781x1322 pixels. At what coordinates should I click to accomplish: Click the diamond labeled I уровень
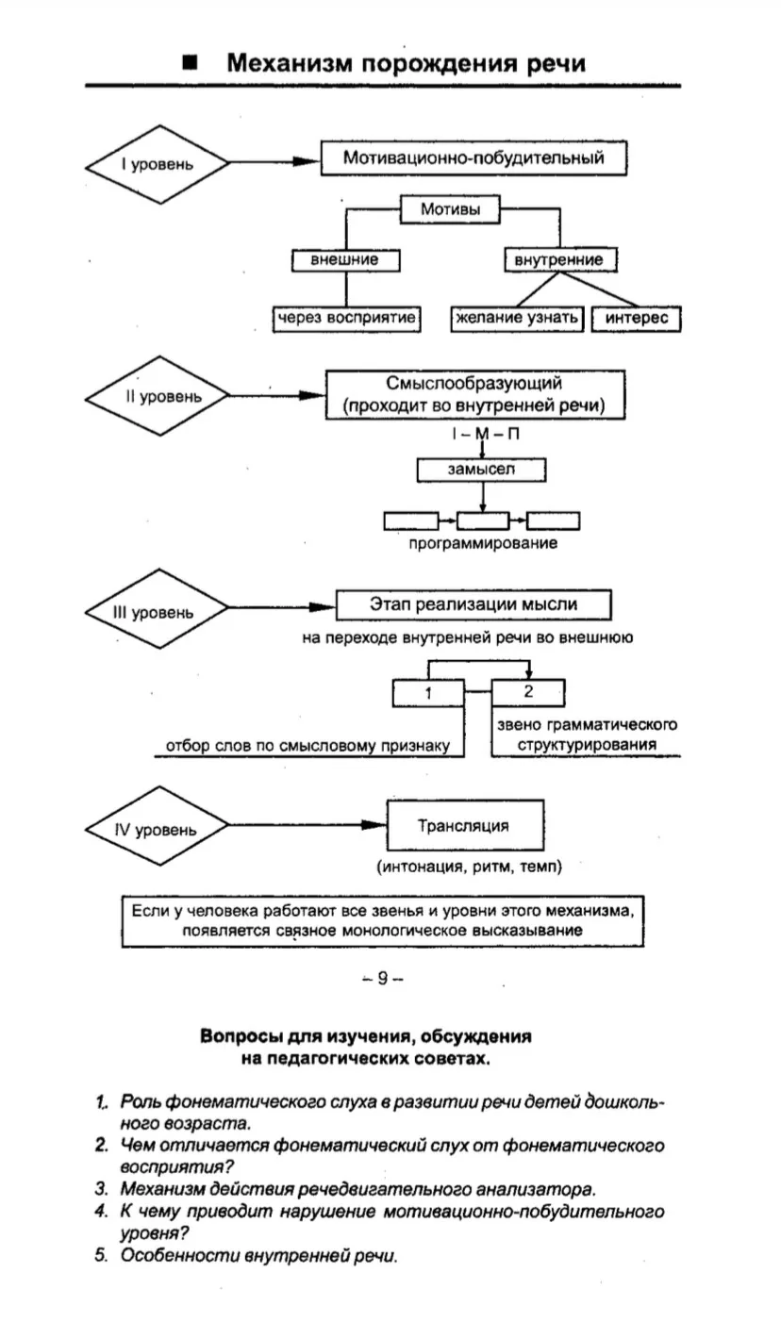coord(157,165)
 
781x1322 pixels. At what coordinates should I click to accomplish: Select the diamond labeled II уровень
coord(157,396)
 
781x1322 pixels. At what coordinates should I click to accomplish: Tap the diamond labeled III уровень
coord(157,609)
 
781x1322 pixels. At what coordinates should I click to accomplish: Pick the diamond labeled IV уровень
coord(157,826)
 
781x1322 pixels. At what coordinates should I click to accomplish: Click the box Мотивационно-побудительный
coord(474,158)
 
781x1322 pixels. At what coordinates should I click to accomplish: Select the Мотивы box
coord(450,209)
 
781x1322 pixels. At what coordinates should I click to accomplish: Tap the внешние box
coord(345,259)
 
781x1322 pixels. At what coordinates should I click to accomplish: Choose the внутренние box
coord(560,259)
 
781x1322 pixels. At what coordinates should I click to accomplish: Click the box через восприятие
coord(346,319)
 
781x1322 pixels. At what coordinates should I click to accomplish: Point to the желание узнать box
coord(517,319)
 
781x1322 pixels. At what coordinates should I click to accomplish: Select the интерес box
coord(637,319)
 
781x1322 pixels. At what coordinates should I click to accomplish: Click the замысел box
coord(481,470)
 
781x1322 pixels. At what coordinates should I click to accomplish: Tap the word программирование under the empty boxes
coord(483,543)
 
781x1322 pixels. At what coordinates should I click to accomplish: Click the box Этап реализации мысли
coord(474,604)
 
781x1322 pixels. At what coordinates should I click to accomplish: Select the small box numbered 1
coord(428,693)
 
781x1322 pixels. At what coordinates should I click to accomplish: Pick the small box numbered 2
coord(528,692)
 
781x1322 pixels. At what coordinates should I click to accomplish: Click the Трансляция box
coord(465,825)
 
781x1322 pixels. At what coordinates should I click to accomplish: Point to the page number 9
coord(383,979)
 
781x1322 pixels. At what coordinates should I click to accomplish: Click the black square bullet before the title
coord(191,62)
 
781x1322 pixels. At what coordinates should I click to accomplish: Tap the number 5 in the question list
coord(101,1255)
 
